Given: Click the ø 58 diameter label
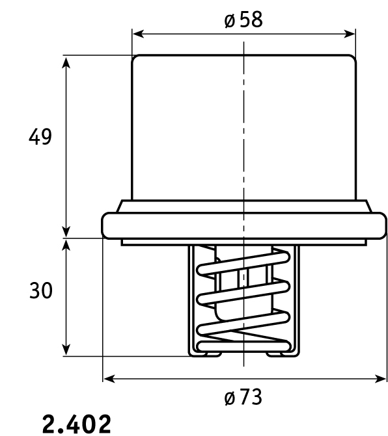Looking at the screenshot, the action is [243, 19].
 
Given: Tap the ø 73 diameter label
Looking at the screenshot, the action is [243, 397].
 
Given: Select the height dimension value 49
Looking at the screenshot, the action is [40, 136].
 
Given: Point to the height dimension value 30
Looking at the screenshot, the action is [40, 290].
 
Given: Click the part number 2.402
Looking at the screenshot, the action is [77, 424].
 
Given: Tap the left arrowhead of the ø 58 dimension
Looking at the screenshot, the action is [139, 34].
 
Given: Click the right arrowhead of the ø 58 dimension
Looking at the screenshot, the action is [350, 34].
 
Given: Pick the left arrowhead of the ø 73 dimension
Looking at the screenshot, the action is [109, 378].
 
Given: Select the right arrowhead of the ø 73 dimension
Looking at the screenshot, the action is [380, 378].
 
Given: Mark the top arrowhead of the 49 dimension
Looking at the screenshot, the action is [66, 62].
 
